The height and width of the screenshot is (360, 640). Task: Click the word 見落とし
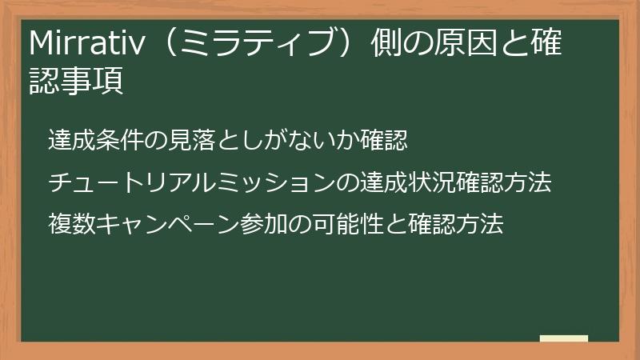coord(205,141)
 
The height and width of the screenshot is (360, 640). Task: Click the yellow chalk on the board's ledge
coord(564,338)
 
